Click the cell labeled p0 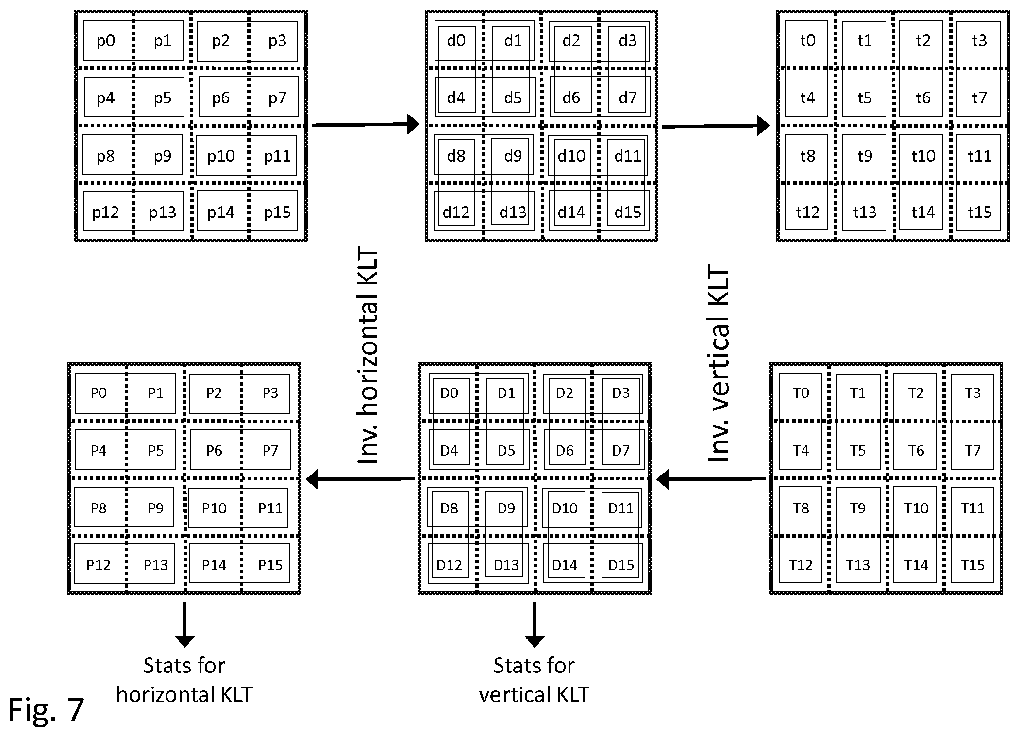click(x=106, y=41)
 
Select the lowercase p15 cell click(x=277, y=213)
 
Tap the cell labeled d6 click(x=571, y=98)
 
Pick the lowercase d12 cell click(x=456, y=213)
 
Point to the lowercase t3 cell click(x=979, y=41)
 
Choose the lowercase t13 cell click(x=865, y=213)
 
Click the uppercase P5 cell click(x=156, y=451)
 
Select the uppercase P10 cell click(x=214, y=508)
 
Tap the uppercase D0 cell click(x=449, y=393)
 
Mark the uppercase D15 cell click(x=621, y=565)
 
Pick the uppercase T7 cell click(x=972, y=451)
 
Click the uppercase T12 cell click(x=801, y=565)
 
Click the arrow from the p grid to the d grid click(x=366, y=124)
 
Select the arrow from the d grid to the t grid click(x=716, y=126)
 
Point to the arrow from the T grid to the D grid click(x=711, y=479)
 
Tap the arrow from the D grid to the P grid click(x=360, y=479)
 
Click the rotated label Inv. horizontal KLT click(x=368, y=356)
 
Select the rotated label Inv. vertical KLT click(x=719, y=362)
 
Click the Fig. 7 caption click(x=46, y=710)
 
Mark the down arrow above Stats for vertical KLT click(x=535, y=625)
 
